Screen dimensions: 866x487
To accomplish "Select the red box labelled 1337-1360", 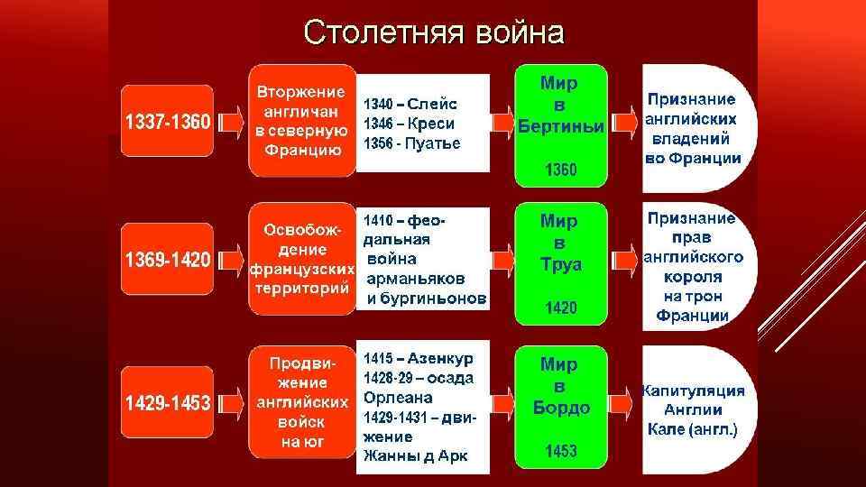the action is (168, 121).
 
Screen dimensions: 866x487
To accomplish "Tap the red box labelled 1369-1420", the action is (168, 260).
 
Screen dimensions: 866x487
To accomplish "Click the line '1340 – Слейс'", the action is (410, 104).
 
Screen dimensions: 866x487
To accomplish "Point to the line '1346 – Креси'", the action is (409, 124).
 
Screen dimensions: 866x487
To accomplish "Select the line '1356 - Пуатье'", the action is (411, 143).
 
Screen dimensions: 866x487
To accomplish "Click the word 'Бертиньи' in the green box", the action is (560, 125).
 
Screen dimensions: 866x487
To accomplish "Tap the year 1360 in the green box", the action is (560, 170).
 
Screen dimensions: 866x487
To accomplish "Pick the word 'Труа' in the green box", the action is (560, 265).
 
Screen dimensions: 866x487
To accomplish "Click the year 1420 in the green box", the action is (560, 308).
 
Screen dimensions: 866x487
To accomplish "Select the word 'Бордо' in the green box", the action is (560, 408).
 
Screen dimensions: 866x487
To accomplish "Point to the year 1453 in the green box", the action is (560, 451).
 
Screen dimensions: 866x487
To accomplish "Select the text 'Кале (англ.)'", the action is (693, 429).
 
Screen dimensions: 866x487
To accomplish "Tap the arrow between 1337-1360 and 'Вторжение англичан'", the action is (231, 121).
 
